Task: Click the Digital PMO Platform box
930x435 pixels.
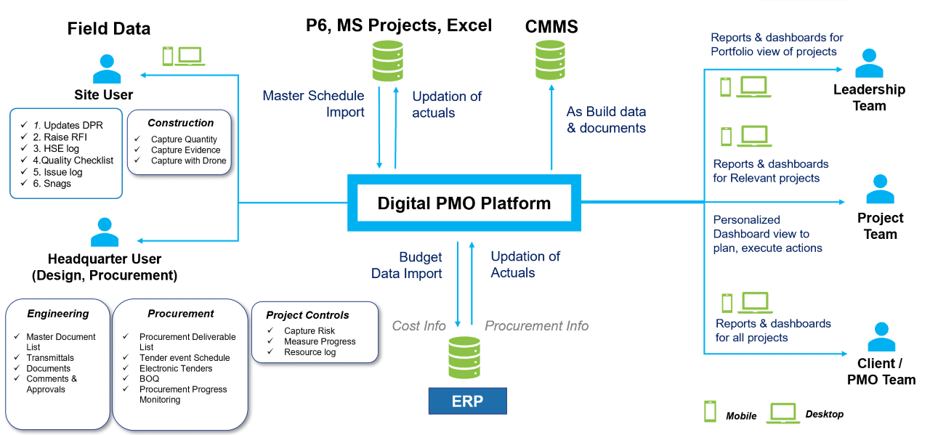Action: pyautogui.click(x=464, y=203)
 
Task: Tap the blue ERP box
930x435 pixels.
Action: pyautogui.click(x=467, y=401)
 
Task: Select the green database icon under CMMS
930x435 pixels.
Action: pyautogui.click(x=550, y=60)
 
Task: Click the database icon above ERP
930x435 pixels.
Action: pyautogui.click(x=464, y=357)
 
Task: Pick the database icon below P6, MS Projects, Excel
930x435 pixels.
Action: pyautogui.click(x=388, y=60)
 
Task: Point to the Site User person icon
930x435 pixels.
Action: pyautogui.click(x=107, y=69)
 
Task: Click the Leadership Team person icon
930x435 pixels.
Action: pyautogui.click(x=869, y=63)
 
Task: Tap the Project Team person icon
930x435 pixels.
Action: pyautogui.click(x=880, y=189)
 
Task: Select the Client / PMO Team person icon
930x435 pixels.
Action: pyautogui.click(x=881, y=337)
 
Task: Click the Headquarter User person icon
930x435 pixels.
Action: pyautogui.click(x=105, y=232)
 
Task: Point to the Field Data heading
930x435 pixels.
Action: pyautogui.click(x=109, y=28)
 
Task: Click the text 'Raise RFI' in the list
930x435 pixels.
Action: pyautogui.click(x=65, y=137)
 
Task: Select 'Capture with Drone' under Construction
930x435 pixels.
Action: pyautogui.click(x=188, y=160)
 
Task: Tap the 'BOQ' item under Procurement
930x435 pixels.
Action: pyautogui.click(x=149, y=378)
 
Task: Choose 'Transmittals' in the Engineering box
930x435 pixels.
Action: pyautogui.click(x=50, y=357)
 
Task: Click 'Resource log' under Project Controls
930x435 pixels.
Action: pyautogui.click(x=310, y=352)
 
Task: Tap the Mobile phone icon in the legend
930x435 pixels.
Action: pyautogui.click(x=710, y=411)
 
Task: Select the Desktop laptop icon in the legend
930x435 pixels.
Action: pyautogui.click(x=783, y=413)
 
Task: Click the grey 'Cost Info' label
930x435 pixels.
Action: pyautogui.click(x=419, y=326)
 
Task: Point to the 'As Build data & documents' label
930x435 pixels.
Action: pyautogui.click(x=606, y=120)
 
